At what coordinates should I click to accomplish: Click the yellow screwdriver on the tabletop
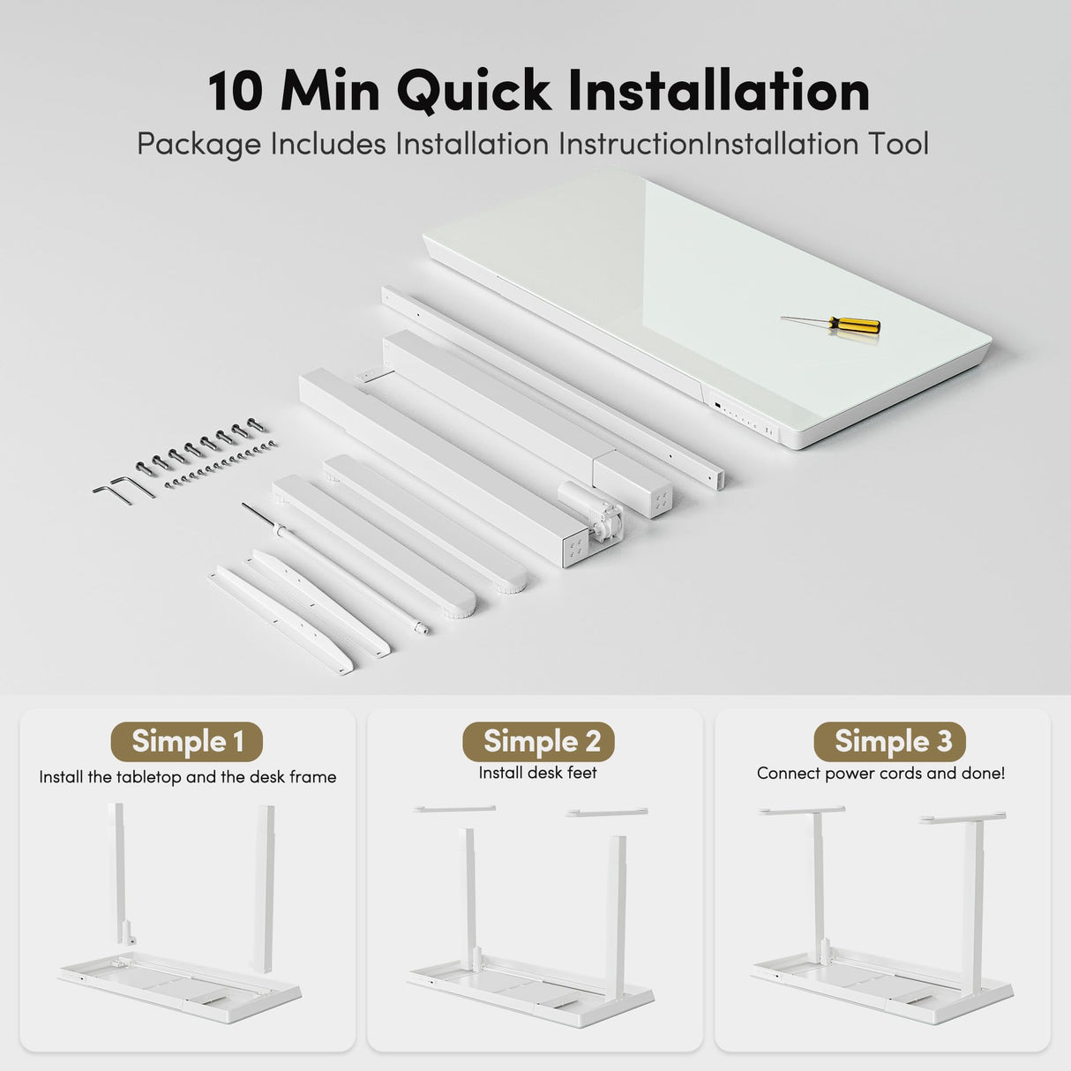[831, 324]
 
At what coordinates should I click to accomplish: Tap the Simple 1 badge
[187, 741]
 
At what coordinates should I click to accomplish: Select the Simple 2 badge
[538, 741]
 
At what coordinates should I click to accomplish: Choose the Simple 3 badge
[890, 741]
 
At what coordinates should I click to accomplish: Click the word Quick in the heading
[473, 92]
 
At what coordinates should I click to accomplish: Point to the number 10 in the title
[235, 92]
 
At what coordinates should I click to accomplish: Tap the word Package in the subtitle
[199, 145]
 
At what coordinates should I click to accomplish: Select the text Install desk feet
[537, 773]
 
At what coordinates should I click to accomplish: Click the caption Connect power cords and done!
[881, 774]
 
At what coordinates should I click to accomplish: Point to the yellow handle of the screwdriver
[855, 325]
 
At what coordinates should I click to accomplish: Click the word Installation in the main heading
[719, 91]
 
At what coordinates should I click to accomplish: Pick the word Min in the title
[330, 92]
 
